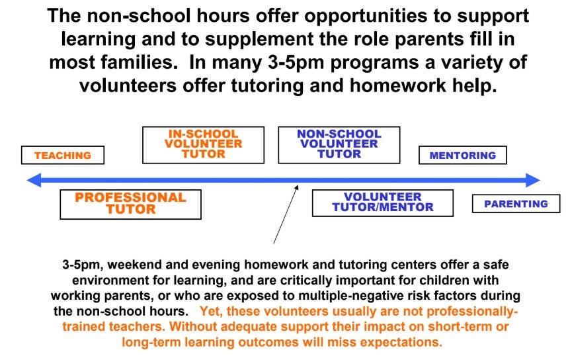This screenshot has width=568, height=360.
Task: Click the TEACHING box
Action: (63, 155)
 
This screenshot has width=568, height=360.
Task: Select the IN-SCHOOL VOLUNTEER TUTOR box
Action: (203, 145)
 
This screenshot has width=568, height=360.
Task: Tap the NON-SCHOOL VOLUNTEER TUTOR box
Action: (339, 145)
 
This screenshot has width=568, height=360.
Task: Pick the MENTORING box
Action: (463, 155)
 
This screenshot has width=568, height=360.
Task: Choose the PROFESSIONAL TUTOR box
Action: (130, 204)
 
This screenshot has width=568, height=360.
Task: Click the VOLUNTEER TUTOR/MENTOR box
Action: (383, 203)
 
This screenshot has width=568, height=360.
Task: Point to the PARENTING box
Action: (516, 204)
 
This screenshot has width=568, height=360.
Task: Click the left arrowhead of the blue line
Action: (34, 180)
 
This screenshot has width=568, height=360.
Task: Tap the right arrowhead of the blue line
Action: (533, 180)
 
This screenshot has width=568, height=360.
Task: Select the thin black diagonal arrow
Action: (286, 214)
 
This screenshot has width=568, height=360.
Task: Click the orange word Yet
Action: (210, 312)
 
